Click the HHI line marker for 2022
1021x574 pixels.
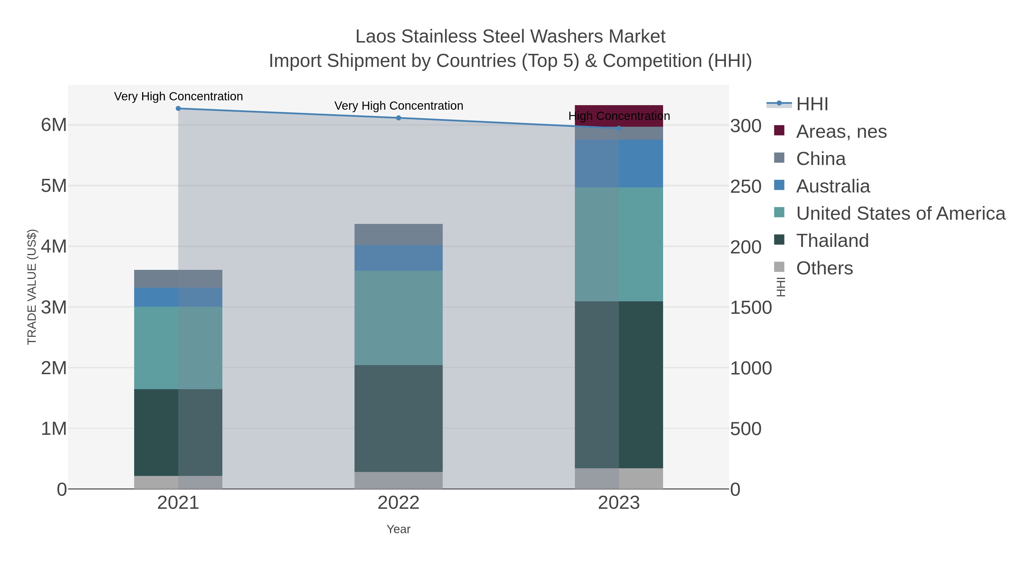(398, 118)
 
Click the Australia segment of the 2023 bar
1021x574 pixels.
(619, 163)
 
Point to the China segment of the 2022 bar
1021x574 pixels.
(398, 234)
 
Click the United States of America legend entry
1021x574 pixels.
(900, 213)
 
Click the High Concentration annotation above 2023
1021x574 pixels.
(619, 116)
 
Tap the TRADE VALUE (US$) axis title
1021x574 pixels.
(32, 287)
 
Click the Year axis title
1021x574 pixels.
(398, 529)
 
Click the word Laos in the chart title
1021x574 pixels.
(375, 37)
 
